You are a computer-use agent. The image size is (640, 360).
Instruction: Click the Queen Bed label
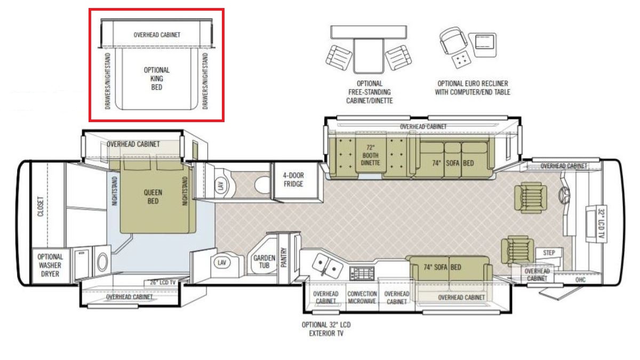[153, 197]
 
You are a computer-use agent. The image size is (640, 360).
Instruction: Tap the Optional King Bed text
[157, 78]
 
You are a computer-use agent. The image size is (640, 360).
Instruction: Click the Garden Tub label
[264, 261]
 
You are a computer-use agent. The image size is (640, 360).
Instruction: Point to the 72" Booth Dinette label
[370, 155]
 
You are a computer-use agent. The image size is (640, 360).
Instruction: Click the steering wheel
[564, 195]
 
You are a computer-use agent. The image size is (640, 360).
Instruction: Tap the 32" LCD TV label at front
[602, 224]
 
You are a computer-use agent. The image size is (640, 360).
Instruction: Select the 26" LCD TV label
[163, 282]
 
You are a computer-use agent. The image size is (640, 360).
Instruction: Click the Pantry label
[284, 258]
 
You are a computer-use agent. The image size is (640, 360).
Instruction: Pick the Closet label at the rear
[41, 206]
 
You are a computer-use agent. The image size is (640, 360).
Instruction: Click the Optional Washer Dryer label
[50, 265]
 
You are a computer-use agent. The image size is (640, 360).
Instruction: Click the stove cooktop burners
[362, 274]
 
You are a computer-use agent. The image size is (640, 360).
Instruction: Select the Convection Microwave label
[362, 297]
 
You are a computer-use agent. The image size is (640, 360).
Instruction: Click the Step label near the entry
[549, 253]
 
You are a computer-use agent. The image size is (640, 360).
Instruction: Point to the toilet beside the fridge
[262, 185]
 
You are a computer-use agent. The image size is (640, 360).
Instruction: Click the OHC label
[580, 279]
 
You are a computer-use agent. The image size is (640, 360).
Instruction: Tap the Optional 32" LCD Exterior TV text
[326, 329]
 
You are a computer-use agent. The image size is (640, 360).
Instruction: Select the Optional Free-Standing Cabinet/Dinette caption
[370, 92]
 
